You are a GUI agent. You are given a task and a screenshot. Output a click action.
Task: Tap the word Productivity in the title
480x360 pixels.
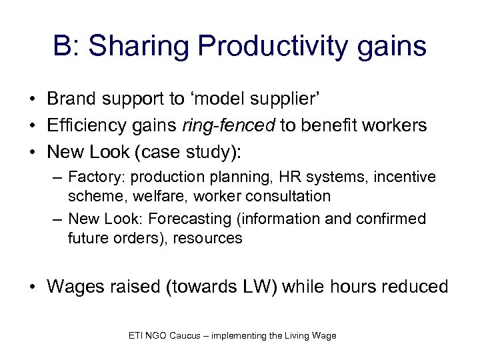[270, 47]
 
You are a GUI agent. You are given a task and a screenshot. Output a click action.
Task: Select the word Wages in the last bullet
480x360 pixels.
[74, 287]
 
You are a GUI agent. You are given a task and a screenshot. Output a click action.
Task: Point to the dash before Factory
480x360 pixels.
[57, 177]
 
